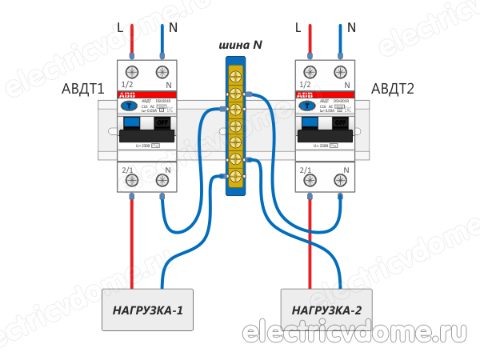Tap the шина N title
(x=240, y=46)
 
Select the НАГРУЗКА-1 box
(x=147, y=310)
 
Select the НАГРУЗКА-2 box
(x=326, y=310)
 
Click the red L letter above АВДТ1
(x=120, y=27)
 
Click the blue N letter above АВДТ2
(x=351, y=27)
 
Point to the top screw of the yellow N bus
(x=236, y=77)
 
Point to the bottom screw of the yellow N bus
(x=236, y=175)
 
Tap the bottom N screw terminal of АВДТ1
(x=164, y=182)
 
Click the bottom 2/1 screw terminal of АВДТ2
(x=306, y=182)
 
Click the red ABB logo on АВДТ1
(x=127, y=105)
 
